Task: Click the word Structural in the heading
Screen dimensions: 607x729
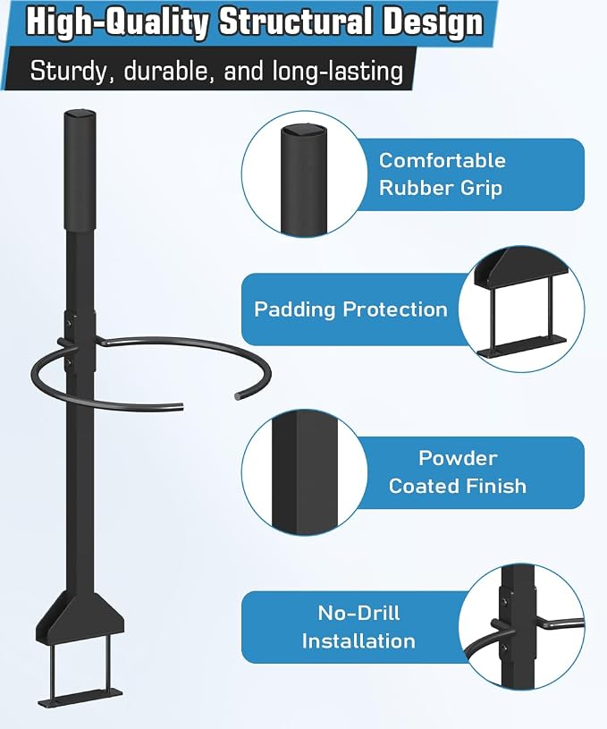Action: point(295,21)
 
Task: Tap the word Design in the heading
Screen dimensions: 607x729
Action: point(433,23)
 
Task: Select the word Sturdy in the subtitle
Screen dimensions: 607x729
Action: point(68,72)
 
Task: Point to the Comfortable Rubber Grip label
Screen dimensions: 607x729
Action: point(442,174)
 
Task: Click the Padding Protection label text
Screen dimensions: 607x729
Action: point(350,309)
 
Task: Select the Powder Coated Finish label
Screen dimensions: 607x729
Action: point(458,472)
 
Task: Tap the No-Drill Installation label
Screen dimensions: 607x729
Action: point(358,627)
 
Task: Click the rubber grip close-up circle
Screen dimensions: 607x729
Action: point(304,174)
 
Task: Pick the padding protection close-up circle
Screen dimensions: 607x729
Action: point(521,309)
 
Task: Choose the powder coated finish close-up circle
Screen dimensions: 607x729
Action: point(304,472)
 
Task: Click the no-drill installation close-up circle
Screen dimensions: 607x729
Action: point(521,627)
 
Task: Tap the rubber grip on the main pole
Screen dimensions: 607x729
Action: point(80,170)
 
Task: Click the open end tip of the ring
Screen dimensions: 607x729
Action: point(239,396)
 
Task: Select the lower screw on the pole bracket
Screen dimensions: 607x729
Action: point(69,361)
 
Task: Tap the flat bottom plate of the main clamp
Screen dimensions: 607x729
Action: point(80,697)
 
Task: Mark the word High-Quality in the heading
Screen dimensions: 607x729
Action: point(117,22)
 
